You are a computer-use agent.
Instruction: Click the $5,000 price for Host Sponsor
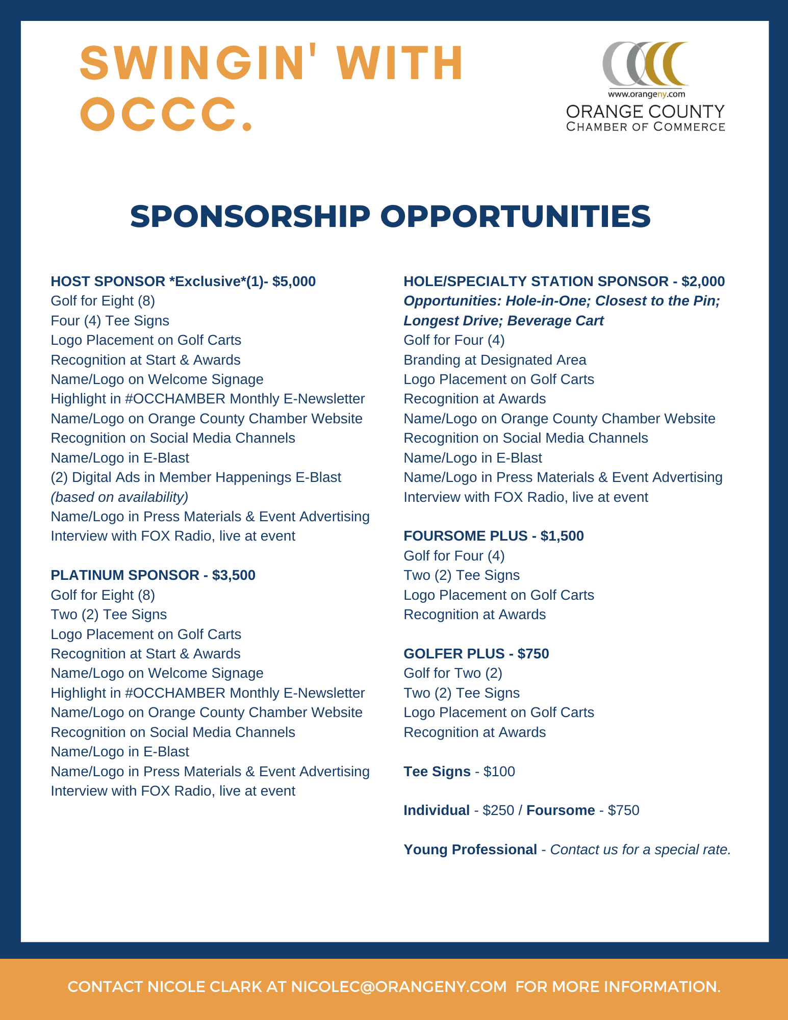tap(294, 282)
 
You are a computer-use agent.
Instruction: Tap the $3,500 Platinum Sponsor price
tap(234, 575)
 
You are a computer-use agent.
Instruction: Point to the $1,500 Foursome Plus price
tap(562, 536)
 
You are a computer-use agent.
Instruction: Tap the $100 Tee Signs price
tap(499, 772)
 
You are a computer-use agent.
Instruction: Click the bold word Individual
tap(437, 810)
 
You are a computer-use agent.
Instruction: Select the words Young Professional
tap(470, 850)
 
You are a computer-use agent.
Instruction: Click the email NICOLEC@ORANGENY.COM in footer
tap(399, 987)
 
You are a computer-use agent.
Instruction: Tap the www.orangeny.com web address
tap(646, 94)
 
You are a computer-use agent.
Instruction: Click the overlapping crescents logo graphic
tap(645, 64)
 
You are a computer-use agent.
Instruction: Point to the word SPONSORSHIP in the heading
tap(250, 216)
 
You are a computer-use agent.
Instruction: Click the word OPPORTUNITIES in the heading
tap(515, 216)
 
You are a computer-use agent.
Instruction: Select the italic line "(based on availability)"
tap(119, 497)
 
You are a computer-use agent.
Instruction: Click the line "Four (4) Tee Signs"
tap(110, 321)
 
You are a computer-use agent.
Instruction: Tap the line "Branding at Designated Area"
tap(495, 360)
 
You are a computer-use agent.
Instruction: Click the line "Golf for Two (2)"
tap(453, 673)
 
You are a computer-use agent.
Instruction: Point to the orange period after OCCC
tap(247, 125)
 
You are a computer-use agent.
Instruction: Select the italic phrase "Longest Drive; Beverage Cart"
tap(503, 321)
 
